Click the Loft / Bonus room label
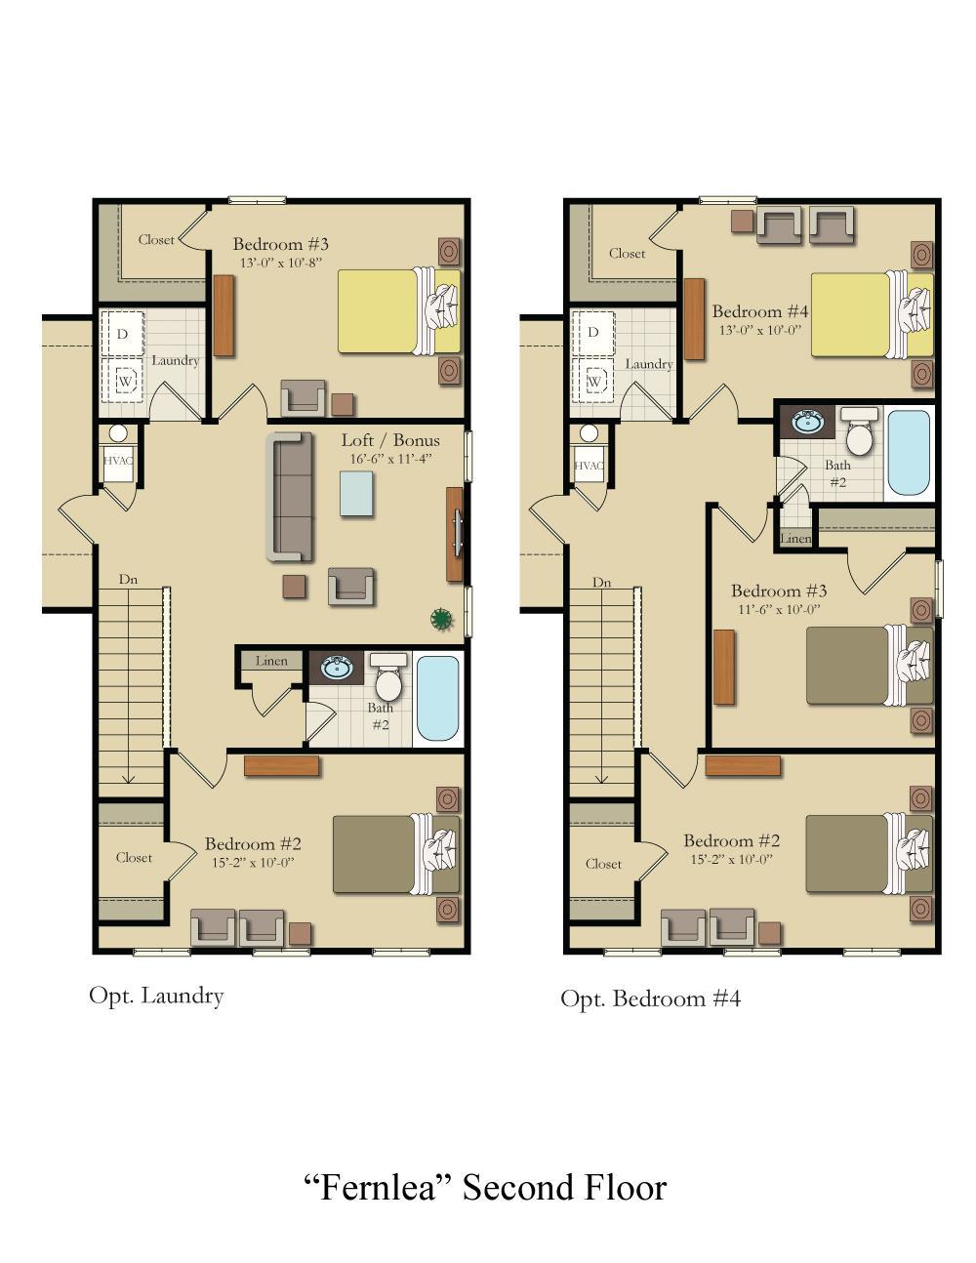389,440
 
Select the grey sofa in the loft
290,497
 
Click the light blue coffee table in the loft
356,493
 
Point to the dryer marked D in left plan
123,334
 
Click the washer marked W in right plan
592,381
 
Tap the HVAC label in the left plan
118,462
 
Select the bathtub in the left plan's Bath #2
436,698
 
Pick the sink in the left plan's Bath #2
338,669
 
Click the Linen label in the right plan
795,539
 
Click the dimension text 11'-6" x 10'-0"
779,609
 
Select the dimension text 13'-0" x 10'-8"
280,263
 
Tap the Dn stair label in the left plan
128,580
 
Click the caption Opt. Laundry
156,996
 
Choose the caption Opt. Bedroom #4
650,998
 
